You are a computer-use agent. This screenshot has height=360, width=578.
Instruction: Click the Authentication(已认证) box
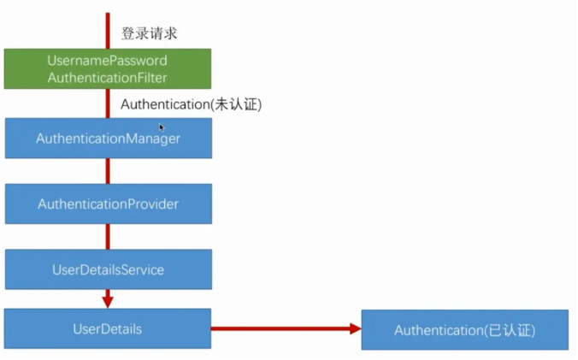pyautogui.click(x=464, y=330)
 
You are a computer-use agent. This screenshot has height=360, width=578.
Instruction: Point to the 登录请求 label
pyautogui.click(x=149, y=33)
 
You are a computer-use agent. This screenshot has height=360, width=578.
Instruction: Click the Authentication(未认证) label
pyautogui.click(x=191, y=104)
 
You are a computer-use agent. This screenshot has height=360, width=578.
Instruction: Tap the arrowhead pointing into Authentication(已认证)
pyautogui.click(x=353, y=328)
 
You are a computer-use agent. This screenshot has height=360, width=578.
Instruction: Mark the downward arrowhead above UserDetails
pyautogui.click(x=108, y=300)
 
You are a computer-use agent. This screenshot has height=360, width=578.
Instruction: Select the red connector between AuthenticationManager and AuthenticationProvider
pyautogui.click(x=108, y=171)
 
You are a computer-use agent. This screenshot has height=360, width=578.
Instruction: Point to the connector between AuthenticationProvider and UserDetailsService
pyautogui.click(x=108, y=237)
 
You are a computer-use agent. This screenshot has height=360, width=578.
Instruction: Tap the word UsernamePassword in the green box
pyautogui.click(x=108, y=61)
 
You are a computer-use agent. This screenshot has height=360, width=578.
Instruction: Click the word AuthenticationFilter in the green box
pyautogui.click(x=108, y=78)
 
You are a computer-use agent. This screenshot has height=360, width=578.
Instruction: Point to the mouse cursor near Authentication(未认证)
pyautogui.click(x=162, y=127)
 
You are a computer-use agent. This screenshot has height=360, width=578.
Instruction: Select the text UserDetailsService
pyautogui.click(x=108, y=270)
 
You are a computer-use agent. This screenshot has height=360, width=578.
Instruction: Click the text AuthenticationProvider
pyautogui.click(x=108, y=204)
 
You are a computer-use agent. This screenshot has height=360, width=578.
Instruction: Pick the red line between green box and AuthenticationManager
pyautogui.click(x=108, y=103)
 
